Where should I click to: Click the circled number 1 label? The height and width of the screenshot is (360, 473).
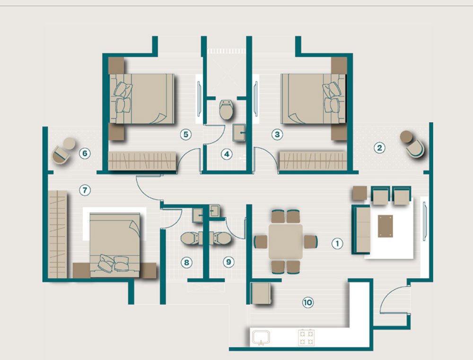coord(337,243)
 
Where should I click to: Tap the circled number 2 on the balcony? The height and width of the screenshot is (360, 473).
coord(379,148)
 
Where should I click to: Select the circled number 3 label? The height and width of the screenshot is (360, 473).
coord(277,134)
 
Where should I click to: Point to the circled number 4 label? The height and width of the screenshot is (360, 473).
coord(227,154)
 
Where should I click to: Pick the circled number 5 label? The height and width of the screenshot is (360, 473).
coord(186,134)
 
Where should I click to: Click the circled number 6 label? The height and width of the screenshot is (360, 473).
coord(85,153)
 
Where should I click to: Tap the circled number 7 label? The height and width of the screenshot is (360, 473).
coord(85,190)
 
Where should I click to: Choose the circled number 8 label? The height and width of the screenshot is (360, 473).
coord(186,262)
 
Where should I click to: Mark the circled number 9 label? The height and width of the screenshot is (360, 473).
coord(228,262)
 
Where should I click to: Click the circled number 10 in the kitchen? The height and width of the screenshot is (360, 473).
coord(308,302)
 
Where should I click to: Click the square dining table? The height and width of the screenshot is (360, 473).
coord(285,241)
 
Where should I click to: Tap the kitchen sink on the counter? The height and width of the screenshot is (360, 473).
coord(261,338)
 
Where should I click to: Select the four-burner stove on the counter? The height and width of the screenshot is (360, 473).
coord(306,337)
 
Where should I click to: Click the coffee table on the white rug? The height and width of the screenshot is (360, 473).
coord(385,226)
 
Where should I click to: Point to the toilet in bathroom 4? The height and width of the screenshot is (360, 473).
coord(226,110)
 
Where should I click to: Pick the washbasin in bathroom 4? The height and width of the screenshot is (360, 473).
coord(239,132)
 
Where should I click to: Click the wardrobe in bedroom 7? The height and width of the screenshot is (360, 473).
coord(58,234)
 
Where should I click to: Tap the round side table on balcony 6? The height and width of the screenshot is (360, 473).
coord(70,143)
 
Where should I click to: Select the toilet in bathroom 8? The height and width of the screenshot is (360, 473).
coord(191,238)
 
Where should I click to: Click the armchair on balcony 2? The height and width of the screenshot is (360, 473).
coord(415,148)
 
